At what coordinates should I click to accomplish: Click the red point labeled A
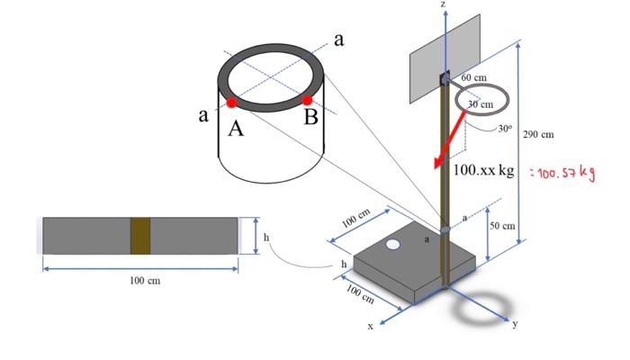coord(231,102)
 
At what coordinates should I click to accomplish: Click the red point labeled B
coord(307,100)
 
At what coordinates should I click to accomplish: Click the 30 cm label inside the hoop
coord(481,104)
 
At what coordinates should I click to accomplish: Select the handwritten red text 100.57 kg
coord(563,172)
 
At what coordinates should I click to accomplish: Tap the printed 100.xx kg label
coord(484,169)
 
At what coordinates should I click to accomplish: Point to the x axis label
coord(369,326)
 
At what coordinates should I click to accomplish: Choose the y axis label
coord(515,325)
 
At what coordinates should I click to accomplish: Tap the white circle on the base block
coord(393,245)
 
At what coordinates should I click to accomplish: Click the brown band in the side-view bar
coord(139,235)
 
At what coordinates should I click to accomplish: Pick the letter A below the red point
coord(236,129)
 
